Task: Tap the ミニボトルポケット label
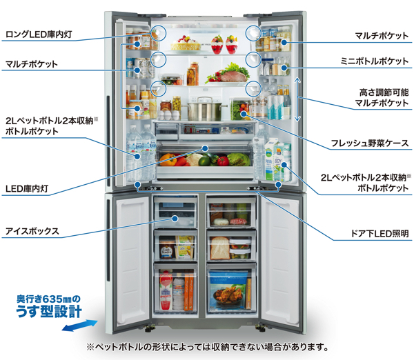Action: tap(375, 61)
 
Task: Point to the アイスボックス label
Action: tap(32, 232)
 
